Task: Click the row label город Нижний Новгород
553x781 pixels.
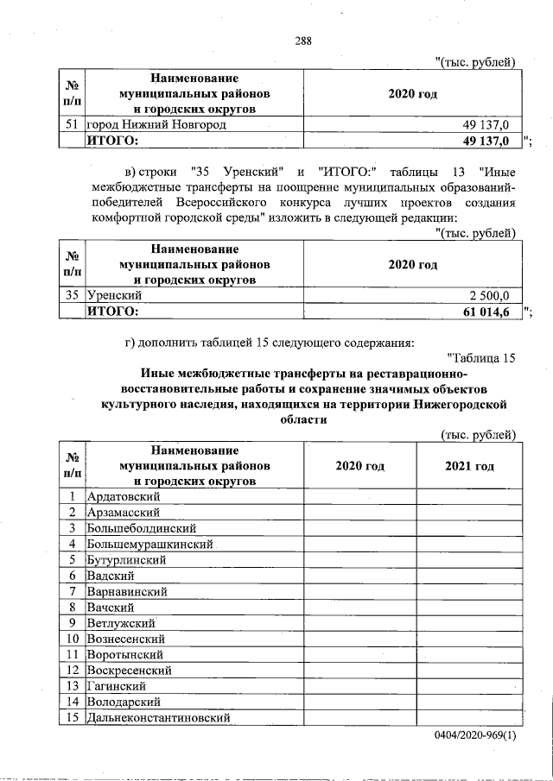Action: point(156,125)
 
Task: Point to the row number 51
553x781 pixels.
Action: point(73,125)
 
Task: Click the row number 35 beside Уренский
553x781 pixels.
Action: point(73,295)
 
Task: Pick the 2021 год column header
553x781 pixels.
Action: point(469,466)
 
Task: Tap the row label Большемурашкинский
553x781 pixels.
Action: point(150,544)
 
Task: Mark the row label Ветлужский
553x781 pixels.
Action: point(121,622)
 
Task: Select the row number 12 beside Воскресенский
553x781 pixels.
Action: point(73,670)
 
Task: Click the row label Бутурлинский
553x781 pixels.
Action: point(127,559)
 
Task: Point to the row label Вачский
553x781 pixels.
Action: point(111,607)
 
